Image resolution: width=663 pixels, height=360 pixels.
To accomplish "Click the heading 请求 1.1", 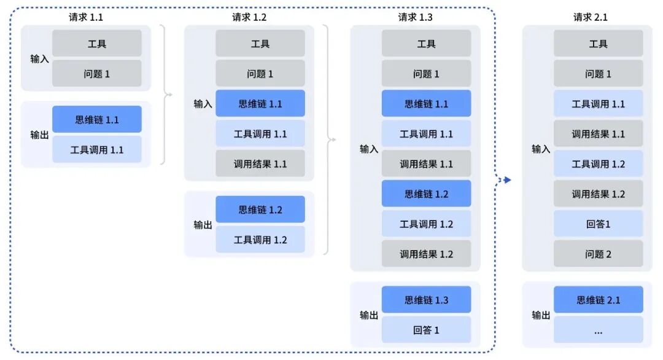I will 86,17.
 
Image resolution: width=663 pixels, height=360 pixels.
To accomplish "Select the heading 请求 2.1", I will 590,17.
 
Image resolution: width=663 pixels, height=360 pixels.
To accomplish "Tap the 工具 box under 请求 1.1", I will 96,44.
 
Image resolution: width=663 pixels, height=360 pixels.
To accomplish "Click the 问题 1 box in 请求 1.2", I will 260,74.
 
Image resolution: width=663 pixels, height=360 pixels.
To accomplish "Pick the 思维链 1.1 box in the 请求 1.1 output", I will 96,119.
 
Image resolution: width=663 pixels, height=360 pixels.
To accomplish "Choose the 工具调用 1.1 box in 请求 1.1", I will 96,149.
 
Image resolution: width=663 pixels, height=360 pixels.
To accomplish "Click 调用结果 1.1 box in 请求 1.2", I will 260,164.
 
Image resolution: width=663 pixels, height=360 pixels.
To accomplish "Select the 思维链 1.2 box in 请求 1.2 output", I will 260,209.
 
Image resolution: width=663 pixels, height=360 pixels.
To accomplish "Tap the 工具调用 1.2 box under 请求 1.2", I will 260,240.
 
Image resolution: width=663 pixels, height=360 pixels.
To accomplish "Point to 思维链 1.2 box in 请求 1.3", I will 426,194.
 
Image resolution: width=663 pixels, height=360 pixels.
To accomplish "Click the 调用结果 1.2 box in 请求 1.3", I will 426,254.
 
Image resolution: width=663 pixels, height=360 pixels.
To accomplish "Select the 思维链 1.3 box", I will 426,300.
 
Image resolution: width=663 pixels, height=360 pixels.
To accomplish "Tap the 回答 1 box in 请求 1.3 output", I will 426,330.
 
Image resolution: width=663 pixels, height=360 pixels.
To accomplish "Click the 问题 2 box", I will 598,254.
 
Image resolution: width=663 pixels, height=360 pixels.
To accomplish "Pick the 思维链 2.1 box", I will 598,300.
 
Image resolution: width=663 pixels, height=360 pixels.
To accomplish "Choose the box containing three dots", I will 598,330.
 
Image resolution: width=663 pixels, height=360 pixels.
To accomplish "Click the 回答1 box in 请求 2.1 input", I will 598,224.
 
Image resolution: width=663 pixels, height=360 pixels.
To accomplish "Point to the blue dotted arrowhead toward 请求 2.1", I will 507,180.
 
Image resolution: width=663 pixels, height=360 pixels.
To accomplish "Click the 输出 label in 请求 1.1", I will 39,135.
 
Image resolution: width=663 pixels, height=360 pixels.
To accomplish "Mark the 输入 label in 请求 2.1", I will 541,149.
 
